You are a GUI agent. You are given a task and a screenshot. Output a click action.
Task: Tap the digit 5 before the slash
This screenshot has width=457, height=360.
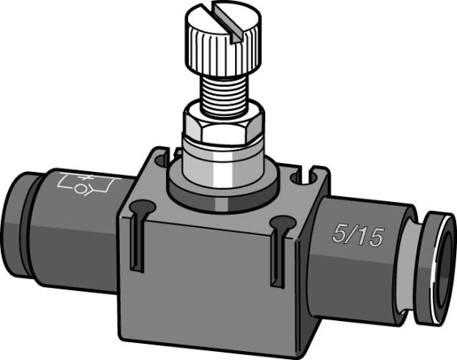click(x=337, y=237)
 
